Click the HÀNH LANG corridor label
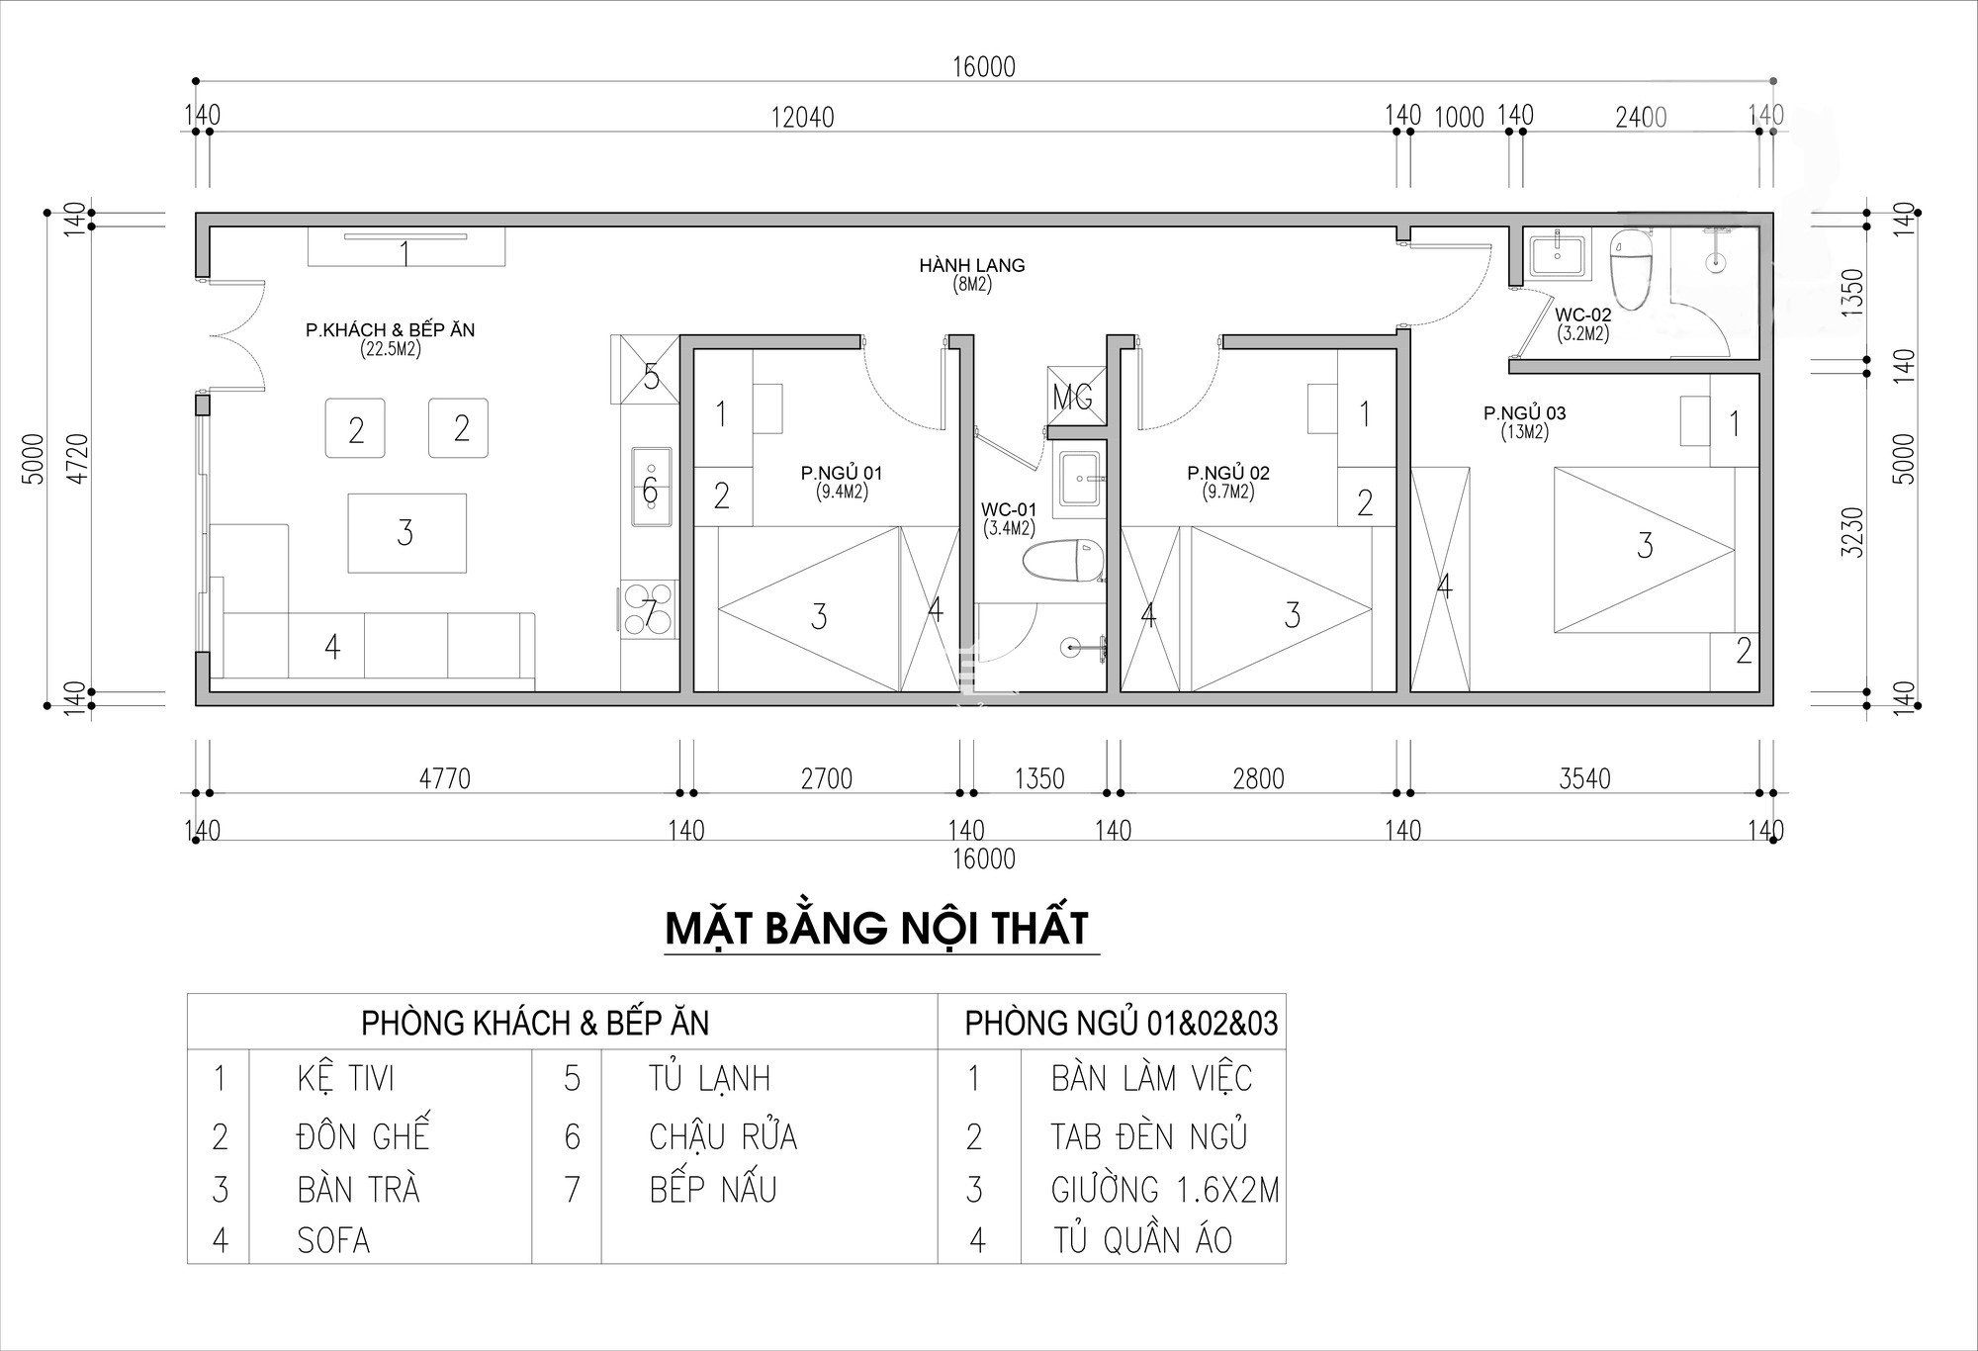click(971, 265)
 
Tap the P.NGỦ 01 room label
click(842, 473)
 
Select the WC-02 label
click(1583, 315)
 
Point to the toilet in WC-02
click(1632, 266)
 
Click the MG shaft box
click(1075, 396)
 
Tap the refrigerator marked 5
click(645, 370)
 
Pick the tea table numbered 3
click(406, 533)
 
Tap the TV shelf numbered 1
click(406, 246)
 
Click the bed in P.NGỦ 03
click(1644, 550)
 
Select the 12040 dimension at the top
click(802, 118)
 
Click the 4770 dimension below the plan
click(445, 778)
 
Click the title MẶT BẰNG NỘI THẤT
click(877, 929)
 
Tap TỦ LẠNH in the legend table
click(709, 1079)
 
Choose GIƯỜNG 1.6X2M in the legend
click(1165, 1190)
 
